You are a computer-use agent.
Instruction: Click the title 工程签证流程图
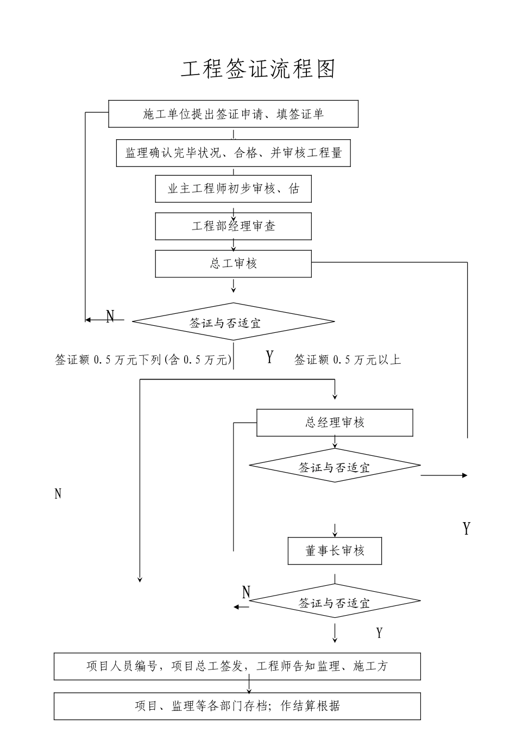click(x=258, y=70)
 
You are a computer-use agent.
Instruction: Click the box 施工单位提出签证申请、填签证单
click(x=233, y=114)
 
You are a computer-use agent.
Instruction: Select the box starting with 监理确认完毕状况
click(x=233, y=153)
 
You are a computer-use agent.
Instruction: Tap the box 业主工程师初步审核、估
click(x=233, y=189)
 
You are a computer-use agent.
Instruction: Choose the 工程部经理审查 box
click(x=233, y=226)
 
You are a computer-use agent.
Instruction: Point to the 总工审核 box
click(x=233, y=264)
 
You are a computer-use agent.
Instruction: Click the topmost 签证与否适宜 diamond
click(x=233, y=322)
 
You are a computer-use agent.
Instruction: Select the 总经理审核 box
click(x=335, y=423)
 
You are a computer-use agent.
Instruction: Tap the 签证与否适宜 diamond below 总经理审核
click(x=335, y=466)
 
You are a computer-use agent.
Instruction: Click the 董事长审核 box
click(x=335, y=551)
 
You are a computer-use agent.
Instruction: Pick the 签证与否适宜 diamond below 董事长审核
click(x=335, y=602)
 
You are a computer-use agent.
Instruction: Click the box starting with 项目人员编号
click(x=237, y=666)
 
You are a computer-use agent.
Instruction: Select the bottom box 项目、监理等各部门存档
click(x=237, y=706)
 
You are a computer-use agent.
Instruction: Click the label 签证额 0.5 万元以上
click(x=348, y=360)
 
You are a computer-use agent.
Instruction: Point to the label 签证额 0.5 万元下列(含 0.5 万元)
click(x=143, y=360)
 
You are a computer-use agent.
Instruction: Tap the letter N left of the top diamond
click(x=110, y=316)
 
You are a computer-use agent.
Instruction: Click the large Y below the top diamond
click(x=269, y=357)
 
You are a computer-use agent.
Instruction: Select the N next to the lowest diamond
click(x=246, y=592)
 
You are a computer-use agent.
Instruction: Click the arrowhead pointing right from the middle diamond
click(x=464, y=475)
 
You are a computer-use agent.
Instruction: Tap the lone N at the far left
click(x=58, y=494)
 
